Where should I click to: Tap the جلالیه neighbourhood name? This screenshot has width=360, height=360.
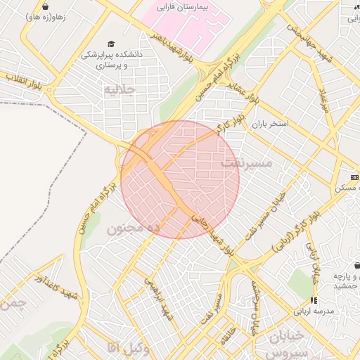(x=118, y=90)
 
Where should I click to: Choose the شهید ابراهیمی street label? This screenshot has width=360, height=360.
(x=159, y=295)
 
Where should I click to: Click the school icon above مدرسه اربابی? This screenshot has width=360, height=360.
(x=313, y=300)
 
